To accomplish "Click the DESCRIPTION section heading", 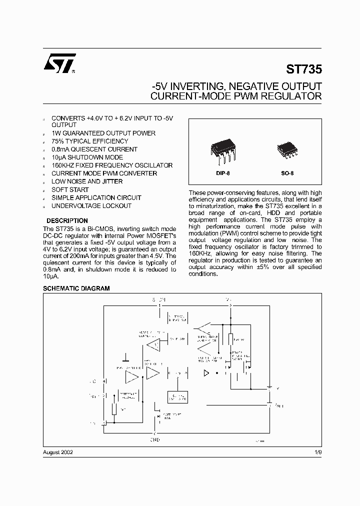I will [x=67, y=220].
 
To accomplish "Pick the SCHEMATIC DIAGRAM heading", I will [x=76, y=288].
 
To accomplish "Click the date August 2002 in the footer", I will [x=58, y=451].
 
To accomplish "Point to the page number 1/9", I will [x=318, y=451].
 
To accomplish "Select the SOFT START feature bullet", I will [x=70, y=189].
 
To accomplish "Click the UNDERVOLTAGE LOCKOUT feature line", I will [x=91, y=205].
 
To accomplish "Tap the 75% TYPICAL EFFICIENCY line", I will [x=89, y=141].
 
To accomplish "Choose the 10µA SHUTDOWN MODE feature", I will [x=87, y=157].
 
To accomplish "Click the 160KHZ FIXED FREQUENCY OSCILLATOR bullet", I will [x=112, y=165].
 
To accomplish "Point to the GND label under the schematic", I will [x=155, y=439].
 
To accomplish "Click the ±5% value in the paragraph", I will [x=272, y=267].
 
